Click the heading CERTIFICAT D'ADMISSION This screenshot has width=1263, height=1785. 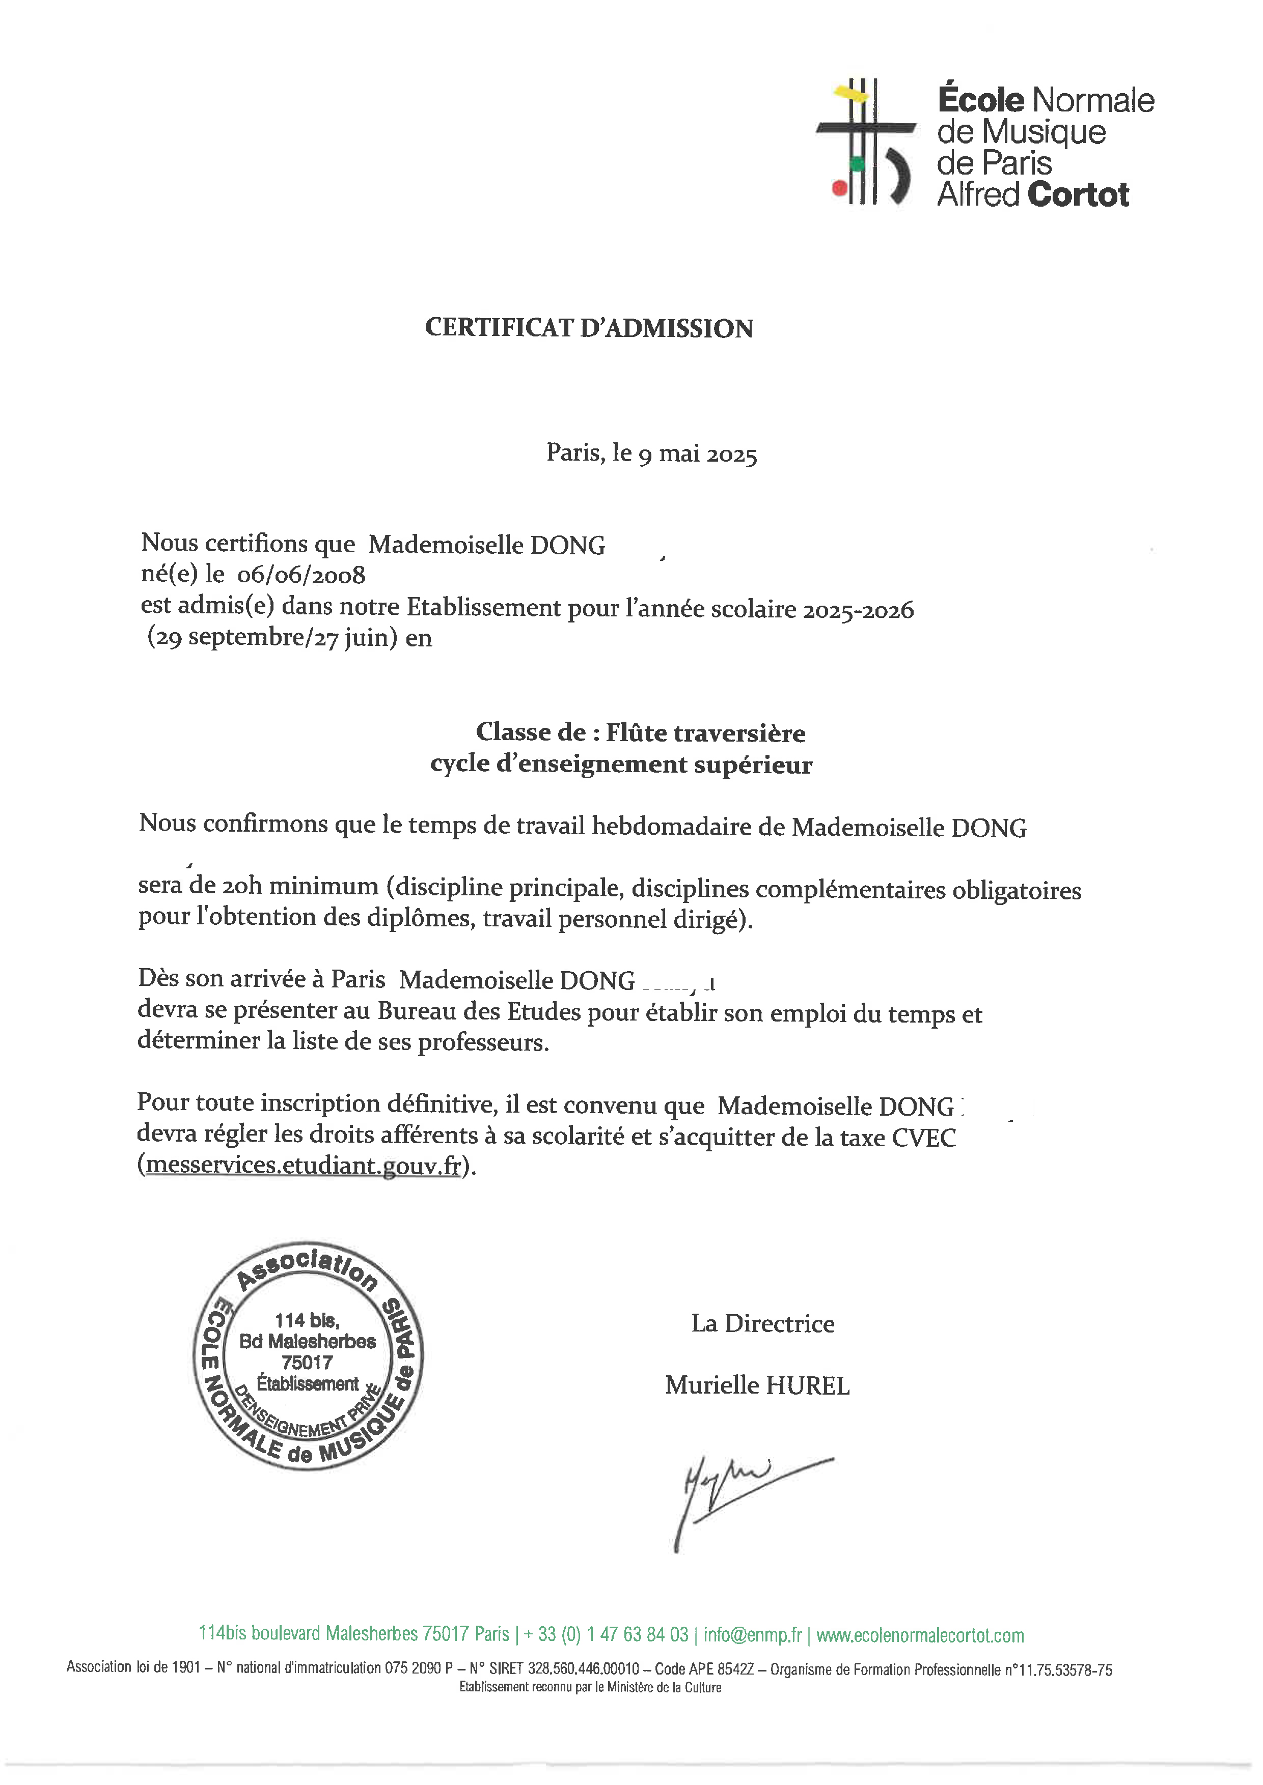(x=589, y=328)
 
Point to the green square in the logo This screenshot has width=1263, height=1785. (x=857, y=163)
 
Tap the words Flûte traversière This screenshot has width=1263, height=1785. (x=705, y=732)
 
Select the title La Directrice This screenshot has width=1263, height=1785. (x=762, y=1323)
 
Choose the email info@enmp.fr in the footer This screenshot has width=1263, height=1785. (x=752, y=1634)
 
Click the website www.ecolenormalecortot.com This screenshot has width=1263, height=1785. (x=919, y=1634)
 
